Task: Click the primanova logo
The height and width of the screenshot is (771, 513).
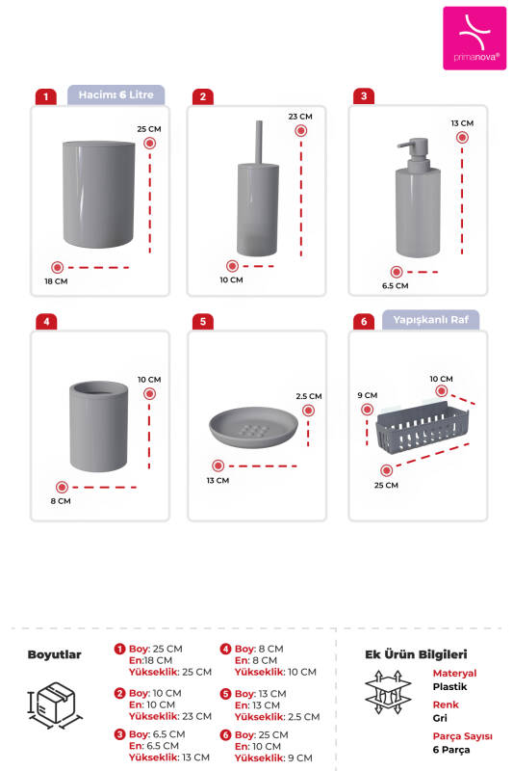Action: coord(474,39)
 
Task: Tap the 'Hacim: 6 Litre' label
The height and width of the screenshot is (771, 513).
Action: coord(116,95)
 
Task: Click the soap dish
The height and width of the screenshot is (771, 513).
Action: coord(252,425)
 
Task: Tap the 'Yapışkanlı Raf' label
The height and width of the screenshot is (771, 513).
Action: coord(430,320)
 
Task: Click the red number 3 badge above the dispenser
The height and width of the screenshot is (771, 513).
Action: coord(363,96)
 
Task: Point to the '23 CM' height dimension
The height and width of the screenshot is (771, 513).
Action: coord(299,117)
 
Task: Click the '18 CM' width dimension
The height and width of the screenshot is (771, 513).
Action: coord(56,281)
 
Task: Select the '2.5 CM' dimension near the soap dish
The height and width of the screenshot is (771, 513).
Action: coord(309,396)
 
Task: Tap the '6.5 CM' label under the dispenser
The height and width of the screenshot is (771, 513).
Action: coord(395,285)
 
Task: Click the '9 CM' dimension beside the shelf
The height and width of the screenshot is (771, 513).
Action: coord(366,395)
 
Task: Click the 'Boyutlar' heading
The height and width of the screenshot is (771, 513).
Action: coord(54,654)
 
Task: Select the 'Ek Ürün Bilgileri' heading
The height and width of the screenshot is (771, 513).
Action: coord(415,653)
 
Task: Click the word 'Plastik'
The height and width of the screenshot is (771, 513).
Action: coord(450,686)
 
